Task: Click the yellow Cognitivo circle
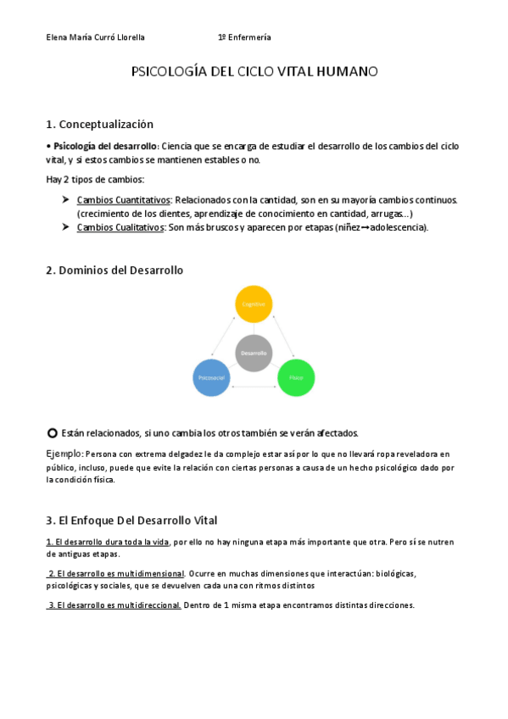pos(254,304)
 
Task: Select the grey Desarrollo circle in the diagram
pos(254,353)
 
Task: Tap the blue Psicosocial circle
pos(211,376)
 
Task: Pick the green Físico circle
pos(296,376)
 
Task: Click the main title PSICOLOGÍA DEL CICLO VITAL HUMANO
pos(254,72)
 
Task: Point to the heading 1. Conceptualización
pos(99,124)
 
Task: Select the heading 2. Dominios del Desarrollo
pos(114,270)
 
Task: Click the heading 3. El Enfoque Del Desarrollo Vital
pos(131,520)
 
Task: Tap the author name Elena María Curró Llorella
pos(96,37)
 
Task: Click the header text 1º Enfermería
pos(244,37)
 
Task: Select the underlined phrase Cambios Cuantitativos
pos(123,200)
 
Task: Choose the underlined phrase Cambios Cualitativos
pos(120,227)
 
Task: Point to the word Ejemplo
pos(64,454)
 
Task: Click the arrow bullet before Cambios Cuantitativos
pos(65,199)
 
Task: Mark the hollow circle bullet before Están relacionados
pos(52,432)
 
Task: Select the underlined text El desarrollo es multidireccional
pos(114,605)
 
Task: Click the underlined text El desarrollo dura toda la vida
pos(108,542)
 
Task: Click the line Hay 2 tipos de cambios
pos(95,179)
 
